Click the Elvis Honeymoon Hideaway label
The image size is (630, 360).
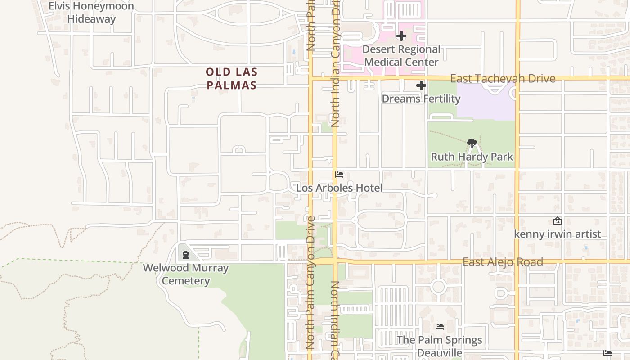point(91,13)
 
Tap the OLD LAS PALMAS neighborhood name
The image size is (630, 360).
point(231,79)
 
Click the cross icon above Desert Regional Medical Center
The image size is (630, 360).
point(401,36)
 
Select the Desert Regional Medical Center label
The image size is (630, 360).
point(401,56)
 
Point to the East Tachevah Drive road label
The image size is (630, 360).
point(503,79)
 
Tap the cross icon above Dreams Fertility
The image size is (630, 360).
point(421,85)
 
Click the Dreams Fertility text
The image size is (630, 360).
point(421,99)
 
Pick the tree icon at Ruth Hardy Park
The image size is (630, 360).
point(472,144)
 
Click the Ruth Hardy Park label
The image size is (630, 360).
point(472,157)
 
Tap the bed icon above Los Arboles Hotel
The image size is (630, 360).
point(339,175)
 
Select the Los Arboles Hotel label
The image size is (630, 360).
point(339,188)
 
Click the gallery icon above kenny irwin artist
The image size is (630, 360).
point(557,221)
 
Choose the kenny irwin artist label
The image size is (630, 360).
point(557,234)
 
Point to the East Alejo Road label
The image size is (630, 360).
point(503,262)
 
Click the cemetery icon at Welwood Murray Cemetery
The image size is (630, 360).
point(186,255)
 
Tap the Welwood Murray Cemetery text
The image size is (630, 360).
point(186,274)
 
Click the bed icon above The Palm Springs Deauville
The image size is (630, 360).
point(440,327)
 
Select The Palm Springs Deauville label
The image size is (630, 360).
point(440,346)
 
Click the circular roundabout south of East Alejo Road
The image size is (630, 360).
point(438,287)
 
